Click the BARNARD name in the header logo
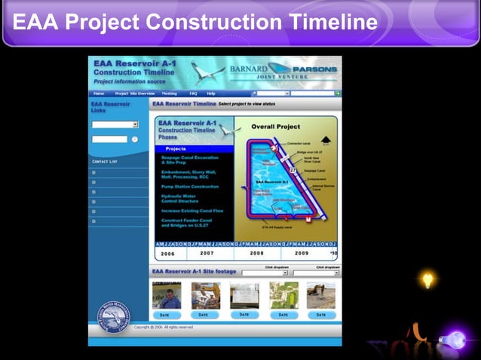pos(248,69)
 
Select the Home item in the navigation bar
pos(99,93)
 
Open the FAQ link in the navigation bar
pos(193,93)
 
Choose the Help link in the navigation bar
pos(211,93)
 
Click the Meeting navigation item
pos(169,93)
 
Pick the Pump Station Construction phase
pos(190,186)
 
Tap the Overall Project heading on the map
pos(276,127)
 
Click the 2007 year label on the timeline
pos(207,253)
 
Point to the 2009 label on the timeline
pos(302,253)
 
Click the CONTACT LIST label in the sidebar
pos(105,161)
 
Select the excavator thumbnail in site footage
pos(321,295)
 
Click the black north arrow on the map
pos(326,140)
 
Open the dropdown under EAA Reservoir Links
pos(115,124)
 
